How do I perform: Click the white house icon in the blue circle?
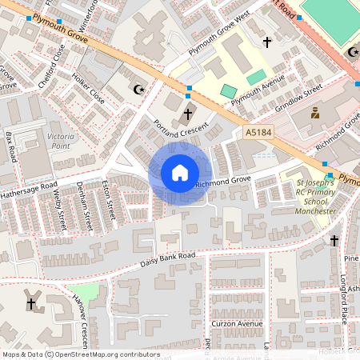click(x=180, y=173)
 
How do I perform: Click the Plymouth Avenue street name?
click(x=258, y=91)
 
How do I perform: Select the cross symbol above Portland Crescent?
click(x=190, y=113)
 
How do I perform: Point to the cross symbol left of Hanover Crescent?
click(x=32, y=304)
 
